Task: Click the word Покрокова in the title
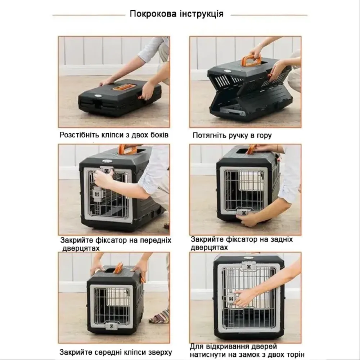153,14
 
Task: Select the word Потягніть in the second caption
209,135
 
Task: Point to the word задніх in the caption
280,239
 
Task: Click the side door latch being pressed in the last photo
231,299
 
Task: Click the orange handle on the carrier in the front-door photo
128,149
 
